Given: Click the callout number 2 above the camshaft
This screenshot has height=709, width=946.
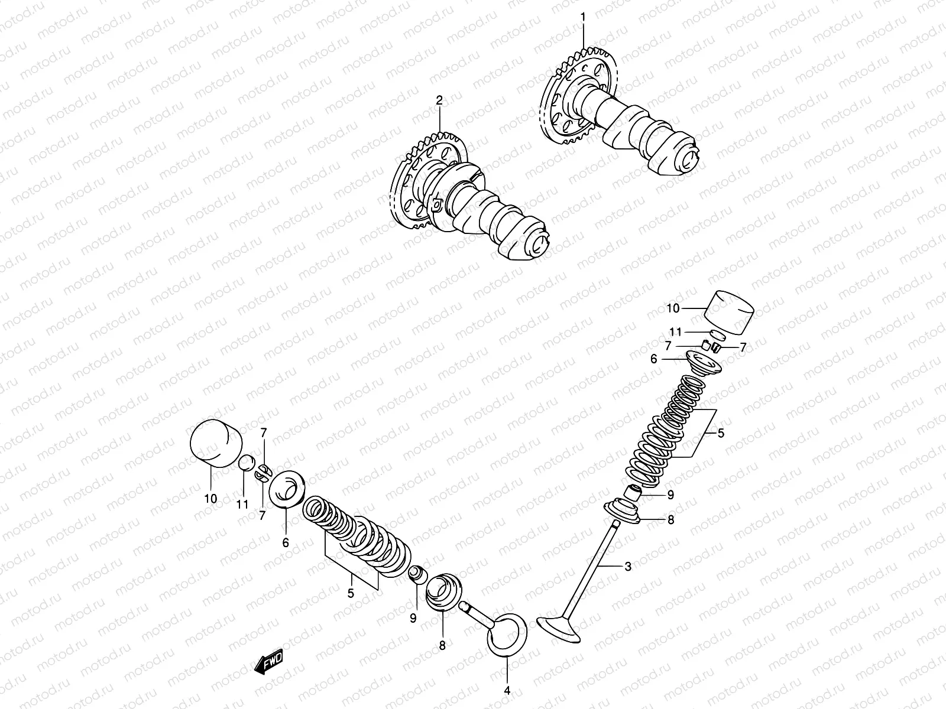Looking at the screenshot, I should (x=439, y=101).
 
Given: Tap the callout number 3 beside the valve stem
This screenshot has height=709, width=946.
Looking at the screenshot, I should (x=627, y=566).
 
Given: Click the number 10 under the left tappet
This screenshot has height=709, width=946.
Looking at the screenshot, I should (x=211, y=498).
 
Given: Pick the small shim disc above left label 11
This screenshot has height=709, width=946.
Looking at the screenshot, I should (x=246, y=463).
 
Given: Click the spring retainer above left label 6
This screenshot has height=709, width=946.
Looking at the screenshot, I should (x=287, y=488).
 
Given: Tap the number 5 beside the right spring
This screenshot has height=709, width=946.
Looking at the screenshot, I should (x=721, y=433).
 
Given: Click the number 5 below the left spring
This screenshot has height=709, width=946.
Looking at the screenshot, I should (x=351, y=593).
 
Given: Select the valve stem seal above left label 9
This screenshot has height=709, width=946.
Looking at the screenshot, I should (x=417, y=573).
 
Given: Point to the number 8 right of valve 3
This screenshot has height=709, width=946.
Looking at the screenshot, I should (x=670, y=520).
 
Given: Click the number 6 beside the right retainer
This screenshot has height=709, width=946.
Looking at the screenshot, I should (x=654, y=359).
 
